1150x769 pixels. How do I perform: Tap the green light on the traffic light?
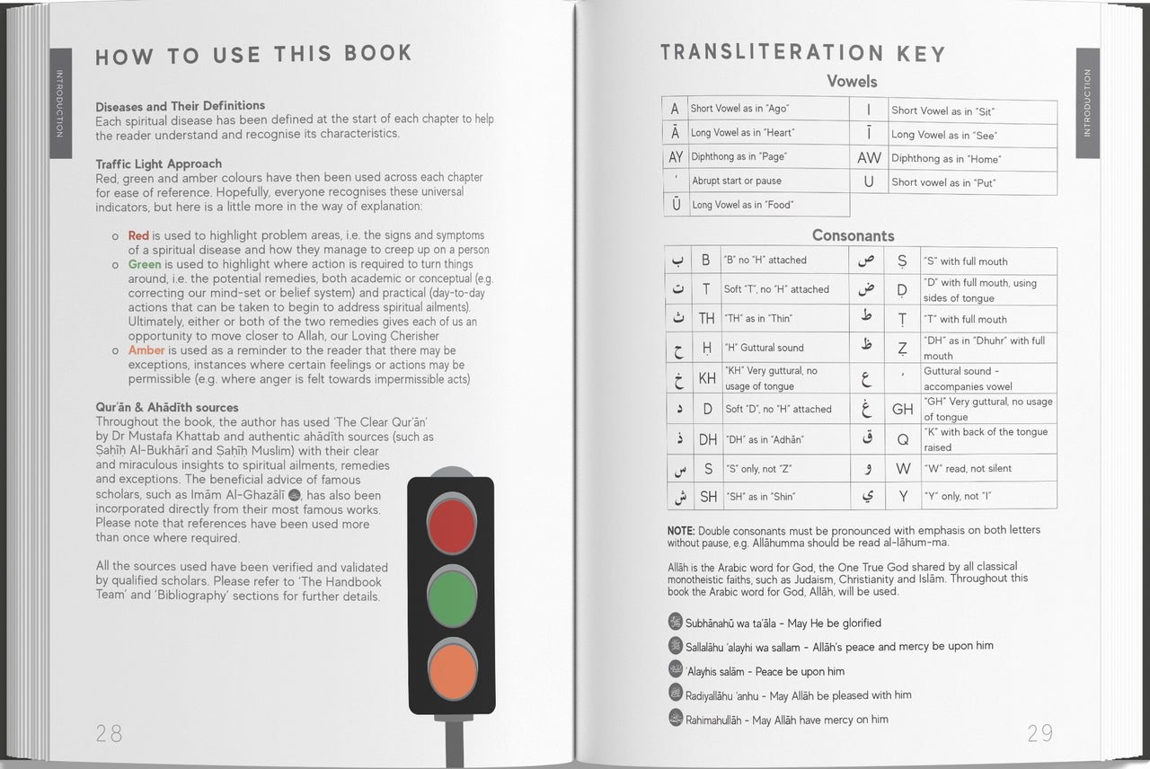452,597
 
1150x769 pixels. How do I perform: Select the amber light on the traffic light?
452,669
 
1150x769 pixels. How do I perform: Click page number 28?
109,733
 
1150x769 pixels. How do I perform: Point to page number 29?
1039,733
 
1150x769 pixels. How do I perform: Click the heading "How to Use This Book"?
253,56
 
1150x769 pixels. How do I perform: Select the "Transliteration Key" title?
802,54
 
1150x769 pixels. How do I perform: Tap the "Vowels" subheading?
852,82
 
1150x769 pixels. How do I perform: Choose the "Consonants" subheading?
853,235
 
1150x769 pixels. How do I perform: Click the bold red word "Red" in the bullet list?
138,235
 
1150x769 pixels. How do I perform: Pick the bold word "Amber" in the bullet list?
146,350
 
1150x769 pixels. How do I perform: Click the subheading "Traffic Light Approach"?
159,164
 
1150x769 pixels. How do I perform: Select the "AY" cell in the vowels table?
676,156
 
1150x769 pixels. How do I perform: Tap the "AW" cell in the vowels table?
869,158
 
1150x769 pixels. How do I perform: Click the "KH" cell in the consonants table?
707,378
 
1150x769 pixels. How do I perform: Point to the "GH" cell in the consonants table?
902,409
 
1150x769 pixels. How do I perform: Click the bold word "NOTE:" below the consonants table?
681,531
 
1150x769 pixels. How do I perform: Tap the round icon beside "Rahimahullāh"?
676,718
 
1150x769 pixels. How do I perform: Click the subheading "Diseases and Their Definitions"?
181,106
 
